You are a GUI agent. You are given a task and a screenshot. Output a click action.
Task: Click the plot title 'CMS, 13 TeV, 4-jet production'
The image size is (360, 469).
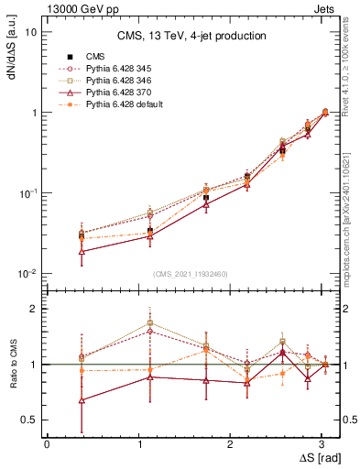[x=191, y=36]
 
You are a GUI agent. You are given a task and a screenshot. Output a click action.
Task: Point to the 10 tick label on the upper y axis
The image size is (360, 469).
[x=30, y=32]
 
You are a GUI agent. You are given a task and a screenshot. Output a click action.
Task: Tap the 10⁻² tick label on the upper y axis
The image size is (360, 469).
[x=27, y=274]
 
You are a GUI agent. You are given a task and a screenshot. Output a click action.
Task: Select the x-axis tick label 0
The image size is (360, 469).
[x=46, y=443]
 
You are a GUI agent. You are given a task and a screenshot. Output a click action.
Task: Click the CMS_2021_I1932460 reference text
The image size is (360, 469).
[x=191, y=274]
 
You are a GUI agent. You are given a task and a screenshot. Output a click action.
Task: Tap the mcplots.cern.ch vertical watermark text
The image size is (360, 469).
[x=351, y=224]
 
